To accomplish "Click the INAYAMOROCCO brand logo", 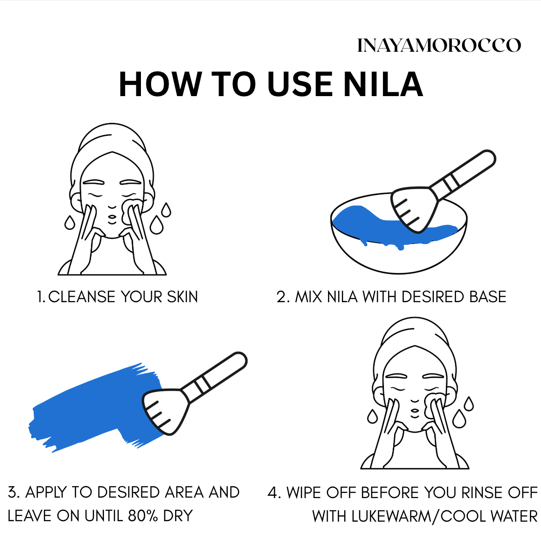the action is pos(439,45).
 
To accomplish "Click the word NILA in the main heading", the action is pos(383,84).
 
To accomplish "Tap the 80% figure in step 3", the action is pos(143,516).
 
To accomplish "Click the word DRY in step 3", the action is pos(178,516).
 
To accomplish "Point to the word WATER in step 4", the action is pos(514,517).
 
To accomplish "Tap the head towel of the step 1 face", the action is pos(112,147).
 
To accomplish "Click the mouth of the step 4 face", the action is pos(415,414).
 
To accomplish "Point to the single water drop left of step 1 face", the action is pos(70,223).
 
